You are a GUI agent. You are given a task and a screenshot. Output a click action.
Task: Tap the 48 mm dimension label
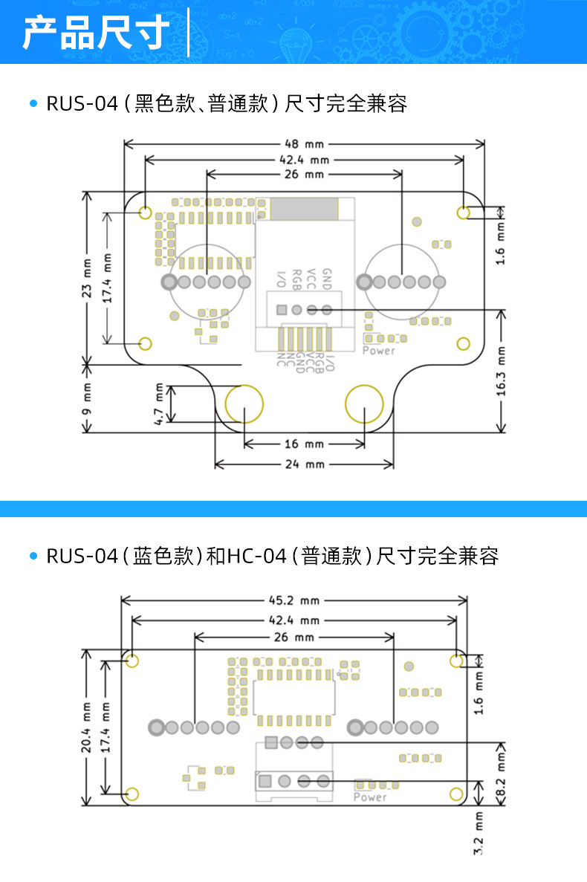[304, 144]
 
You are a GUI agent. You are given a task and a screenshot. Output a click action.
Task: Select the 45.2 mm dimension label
[293, 600]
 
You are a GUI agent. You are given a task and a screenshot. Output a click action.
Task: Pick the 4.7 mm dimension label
[159, 404]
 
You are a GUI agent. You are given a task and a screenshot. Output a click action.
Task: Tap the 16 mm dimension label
[304, 444]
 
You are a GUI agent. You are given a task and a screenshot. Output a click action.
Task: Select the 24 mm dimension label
[304, 464]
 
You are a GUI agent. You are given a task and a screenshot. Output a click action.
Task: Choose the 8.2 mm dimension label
[500, 774]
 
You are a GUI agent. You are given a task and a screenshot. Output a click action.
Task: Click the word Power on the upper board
[379, 351]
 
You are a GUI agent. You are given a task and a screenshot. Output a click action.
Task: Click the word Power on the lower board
[370, 797]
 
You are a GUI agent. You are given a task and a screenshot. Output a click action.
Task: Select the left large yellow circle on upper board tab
[244, 404]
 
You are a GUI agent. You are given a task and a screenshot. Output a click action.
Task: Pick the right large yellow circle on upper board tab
[365, 404]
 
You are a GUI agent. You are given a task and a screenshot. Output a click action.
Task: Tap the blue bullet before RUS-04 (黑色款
[33, 104]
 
